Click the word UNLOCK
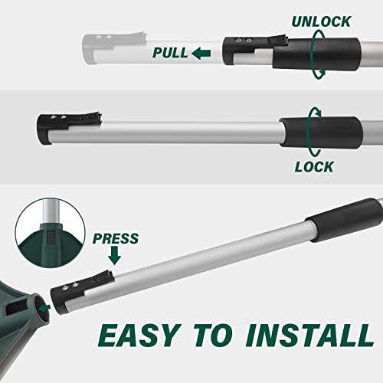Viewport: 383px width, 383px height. coord(321,21)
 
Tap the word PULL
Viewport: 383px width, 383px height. coord(170,53)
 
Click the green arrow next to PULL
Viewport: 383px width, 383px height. coord(201,54)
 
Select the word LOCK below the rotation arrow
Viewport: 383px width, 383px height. coord(314,167)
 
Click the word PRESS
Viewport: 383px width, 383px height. coord(116,238)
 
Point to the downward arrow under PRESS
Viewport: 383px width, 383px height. coord(115,255)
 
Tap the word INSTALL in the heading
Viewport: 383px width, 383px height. coord(309,336)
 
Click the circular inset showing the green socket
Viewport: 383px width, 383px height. coord(50,233)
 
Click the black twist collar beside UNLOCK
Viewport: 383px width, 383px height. coord(316,54)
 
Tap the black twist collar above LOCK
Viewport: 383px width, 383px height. coord(321,133)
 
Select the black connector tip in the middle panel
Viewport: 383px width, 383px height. coord(69,127)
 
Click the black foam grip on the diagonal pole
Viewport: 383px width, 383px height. coord(345,220)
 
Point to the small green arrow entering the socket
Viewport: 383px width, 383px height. coord(44,308)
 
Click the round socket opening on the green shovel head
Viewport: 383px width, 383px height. coord(42,309)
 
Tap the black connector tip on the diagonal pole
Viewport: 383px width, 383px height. coord(81,292)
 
